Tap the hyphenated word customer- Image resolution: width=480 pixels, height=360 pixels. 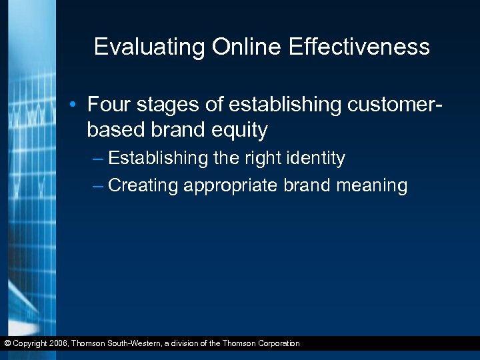coord(388,105)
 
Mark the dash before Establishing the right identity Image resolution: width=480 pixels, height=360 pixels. coord(98,159)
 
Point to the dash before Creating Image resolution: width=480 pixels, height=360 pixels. coord(98,185)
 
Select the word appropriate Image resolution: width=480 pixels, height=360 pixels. coord(230,186)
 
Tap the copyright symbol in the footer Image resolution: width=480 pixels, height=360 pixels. coord(7,344)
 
